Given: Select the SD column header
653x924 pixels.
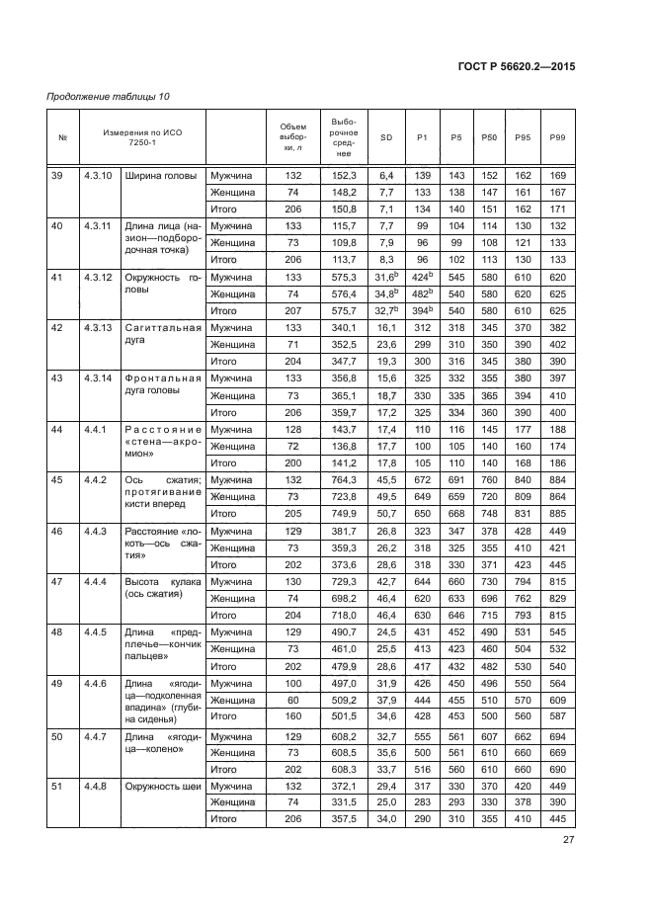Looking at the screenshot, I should tap(386, 137).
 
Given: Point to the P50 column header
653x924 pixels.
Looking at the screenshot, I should tap(488, 137).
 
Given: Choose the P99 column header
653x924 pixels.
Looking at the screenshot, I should tap(557, 137).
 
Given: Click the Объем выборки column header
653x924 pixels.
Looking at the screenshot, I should tap(292, 136).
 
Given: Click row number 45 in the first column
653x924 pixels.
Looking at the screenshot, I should tap(57, 479).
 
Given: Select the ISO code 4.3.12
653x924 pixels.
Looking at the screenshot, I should tap(100, 278).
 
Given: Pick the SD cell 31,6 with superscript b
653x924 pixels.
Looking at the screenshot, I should tap(386, 278).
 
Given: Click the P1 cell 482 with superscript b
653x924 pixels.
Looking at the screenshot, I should tap(423, 294).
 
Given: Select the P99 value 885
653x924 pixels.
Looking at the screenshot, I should tap(557, 513).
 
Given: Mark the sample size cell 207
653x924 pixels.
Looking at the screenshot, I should tap(292, 310).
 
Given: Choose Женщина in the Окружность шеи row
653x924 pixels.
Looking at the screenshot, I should tap(232, 801).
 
